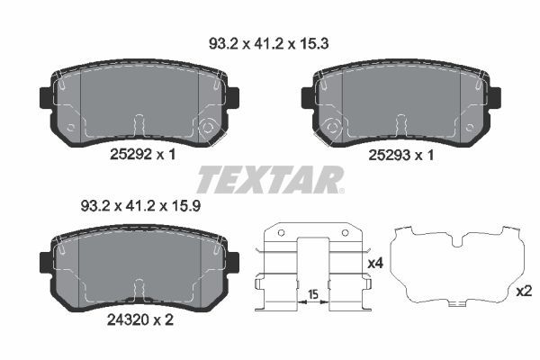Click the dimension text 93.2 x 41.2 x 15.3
[267, 41]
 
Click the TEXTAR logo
[270, 179]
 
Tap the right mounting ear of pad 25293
[492, 97]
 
